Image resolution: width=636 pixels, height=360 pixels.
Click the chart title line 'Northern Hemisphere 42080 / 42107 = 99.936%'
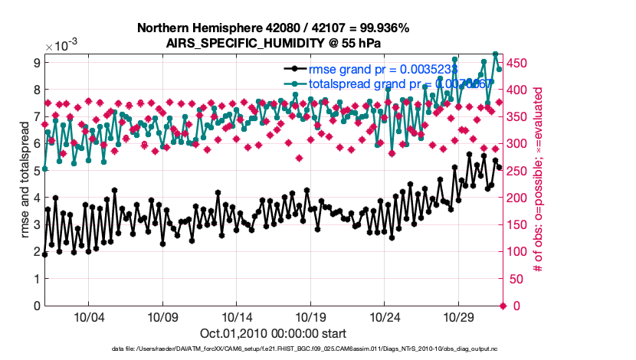273,28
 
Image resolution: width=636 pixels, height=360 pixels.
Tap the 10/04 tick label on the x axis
88,317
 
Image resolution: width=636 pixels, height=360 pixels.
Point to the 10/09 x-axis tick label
162,317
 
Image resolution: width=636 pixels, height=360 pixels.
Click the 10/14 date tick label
237,317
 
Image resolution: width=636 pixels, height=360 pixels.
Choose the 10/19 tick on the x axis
311,317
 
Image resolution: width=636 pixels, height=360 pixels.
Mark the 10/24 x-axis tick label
385,317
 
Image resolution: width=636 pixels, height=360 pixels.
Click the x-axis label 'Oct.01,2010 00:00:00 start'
273,333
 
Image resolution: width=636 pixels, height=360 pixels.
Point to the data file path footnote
273,349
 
